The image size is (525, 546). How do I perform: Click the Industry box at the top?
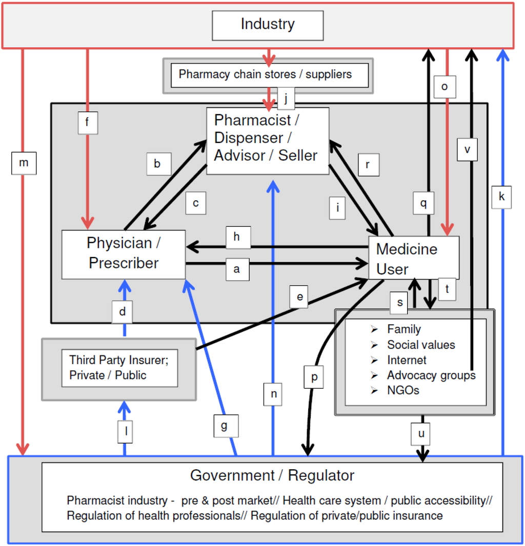(268, 25)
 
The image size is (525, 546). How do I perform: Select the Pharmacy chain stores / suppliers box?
(269, 75)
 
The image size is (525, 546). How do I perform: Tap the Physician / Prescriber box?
(123, 254)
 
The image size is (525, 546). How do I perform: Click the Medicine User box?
(413, 258)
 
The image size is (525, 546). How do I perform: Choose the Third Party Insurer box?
(119, 368)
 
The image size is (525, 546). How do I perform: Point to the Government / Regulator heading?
(272, 475)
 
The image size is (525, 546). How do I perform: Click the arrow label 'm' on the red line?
(24, 163)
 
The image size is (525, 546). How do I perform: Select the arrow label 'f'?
(88, 122)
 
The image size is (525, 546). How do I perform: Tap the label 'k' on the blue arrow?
(501, 197)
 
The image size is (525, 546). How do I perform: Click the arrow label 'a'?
(237, 269)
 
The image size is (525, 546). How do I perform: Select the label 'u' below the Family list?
(421, 434)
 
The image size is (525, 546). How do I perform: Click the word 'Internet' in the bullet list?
(407, 360)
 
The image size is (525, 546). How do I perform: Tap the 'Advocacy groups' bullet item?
(431, 375)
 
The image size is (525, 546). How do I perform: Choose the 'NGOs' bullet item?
(403, 390)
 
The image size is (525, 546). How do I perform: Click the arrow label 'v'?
(467, 150)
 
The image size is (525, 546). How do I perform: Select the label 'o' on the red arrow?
(444, 87)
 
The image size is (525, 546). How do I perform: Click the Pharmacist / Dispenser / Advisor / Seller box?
(267, 138)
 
